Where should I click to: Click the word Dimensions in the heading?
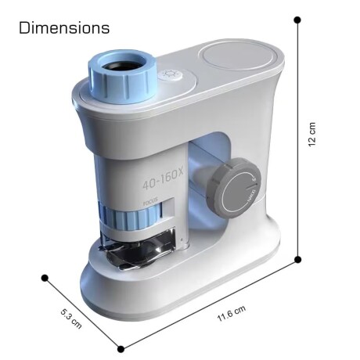pos(64,28)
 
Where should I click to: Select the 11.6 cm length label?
pos(232,315)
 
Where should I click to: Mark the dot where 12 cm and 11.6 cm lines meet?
pos(298,258)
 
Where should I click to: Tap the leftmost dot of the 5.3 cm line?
pos(45,277)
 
